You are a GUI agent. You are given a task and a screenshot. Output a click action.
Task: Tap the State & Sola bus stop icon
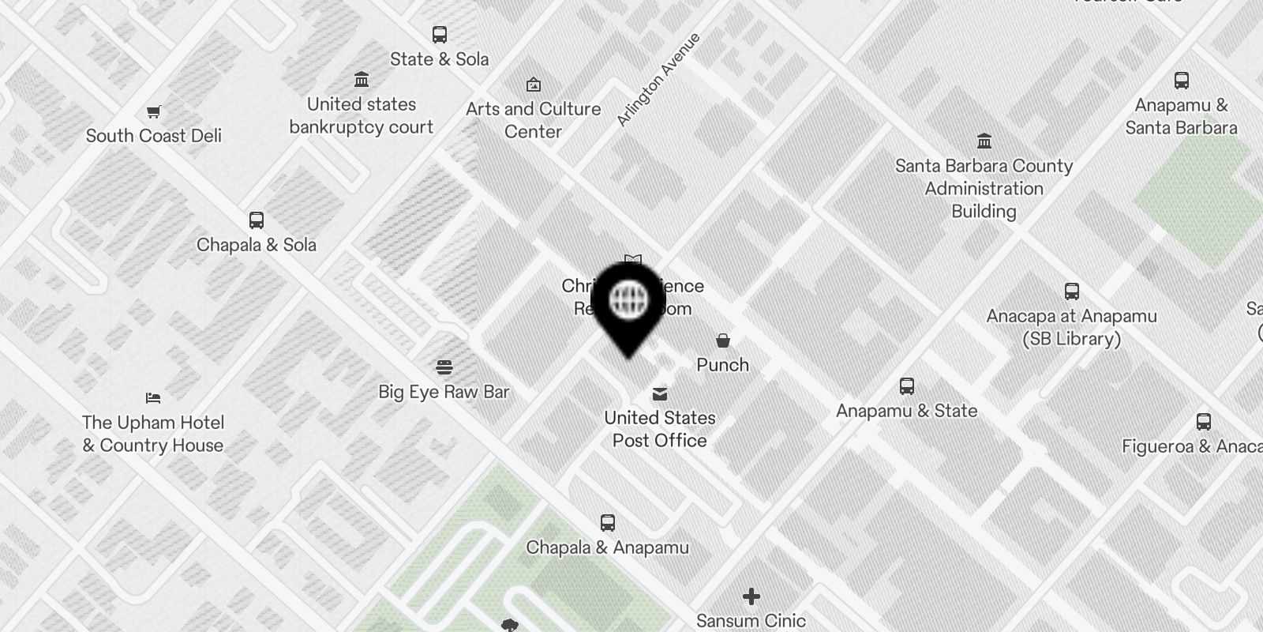(440, 35)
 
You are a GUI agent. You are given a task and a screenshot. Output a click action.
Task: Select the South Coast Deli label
(154, 136)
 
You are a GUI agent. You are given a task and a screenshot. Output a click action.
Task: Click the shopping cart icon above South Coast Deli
(154, 112)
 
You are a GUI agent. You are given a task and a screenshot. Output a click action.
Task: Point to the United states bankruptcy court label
(362, 115)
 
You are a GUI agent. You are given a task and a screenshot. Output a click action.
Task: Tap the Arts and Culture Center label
(533, 120)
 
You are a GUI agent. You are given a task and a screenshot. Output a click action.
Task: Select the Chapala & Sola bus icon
(257, 220)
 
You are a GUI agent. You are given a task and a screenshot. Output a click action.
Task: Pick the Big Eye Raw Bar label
(444, 392)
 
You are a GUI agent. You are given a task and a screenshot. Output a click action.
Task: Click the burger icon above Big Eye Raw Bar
(444, 367)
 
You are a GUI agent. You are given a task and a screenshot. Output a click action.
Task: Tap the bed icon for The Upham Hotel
(153, 397)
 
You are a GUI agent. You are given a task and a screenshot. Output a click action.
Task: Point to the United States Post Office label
(660, 429)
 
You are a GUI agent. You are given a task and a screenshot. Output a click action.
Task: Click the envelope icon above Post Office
(660, 393)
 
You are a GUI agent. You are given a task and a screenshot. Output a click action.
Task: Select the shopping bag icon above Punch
(722, 340)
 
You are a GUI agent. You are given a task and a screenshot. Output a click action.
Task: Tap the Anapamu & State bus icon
(907, 386)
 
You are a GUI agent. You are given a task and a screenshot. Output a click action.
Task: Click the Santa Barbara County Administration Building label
(984, 189)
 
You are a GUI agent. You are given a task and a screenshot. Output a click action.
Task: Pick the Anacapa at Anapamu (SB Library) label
(1071, 327)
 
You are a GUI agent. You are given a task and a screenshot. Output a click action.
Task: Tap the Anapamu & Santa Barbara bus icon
(1182, 81)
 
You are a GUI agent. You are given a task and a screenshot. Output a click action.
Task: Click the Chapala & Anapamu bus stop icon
(607, 523)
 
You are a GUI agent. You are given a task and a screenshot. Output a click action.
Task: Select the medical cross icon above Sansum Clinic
(751, 596)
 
